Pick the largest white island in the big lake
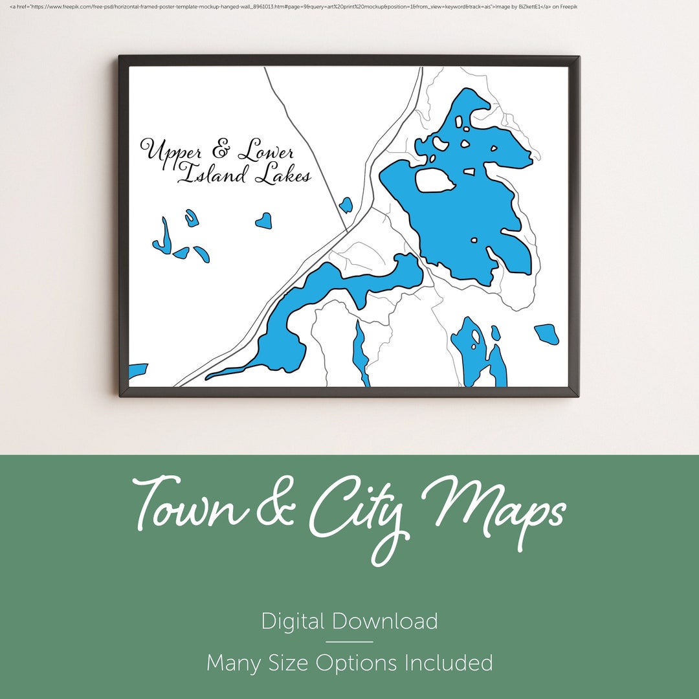point(434,181)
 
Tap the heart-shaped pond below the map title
point(263,221)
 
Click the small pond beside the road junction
point(346,205)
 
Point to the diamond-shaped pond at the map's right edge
point(547,334)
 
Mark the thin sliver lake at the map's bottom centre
point(360,353)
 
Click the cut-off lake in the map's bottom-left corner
point(137,371)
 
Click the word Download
point(385,621)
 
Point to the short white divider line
point(349,642)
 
